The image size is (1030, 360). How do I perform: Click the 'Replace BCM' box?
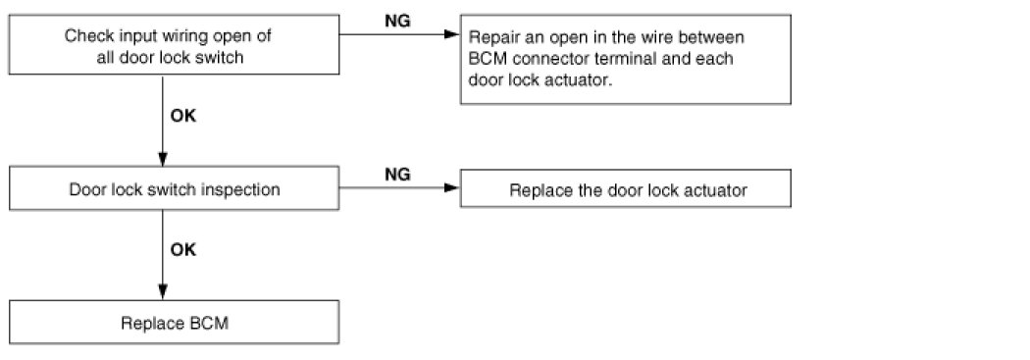coord(174,322)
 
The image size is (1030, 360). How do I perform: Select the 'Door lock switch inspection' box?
coord(174,188)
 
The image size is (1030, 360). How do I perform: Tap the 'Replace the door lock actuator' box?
coord(626,188)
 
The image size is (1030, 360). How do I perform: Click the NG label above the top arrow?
coord(397,21)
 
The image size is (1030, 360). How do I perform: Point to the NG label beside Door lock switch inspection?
coord(397,175)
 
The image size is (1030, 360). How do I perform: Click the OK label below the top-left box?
coord(183,117)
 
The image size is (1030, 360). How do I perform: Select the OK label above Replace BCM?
coord(183,250)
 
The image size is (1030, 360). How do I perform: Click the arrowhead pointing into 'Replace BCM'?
coord(163,292)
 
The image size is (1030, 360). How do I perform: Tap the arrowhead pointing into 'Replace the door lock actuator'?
coord(452,188)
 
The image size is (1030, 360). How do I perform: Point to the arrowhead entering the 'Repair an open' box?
coord(452,34)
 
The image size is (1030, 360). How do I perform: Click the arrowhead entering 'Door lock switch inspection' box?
coord(163,158)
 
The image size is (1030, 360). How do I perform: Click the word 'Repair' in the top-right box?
coord(489,37)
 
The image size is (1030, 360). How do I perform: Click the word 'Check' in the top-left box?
coord(83,35)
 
